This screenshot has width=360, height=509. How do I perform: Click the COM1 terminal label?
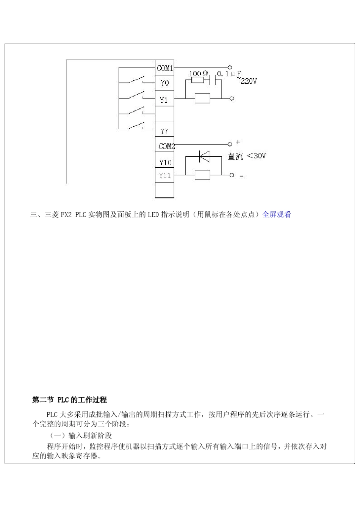click(x=165, y=69)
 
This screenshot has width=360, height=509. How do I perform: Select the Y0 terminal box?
click(x=165, y=83)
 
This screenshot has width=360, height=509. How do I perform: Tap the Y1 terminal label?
click(x=164, y=100)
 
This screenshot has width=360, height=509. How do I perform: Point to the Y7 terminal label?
click(x=164, y=131)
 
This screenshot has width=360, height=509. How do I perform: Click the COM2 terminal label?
click(x=166, y=146)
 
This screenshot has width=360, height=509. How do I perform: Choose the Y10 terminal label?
click(x=165, y=162)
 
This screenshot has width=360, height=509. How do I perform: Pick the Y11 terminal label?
click(x=165, y=175)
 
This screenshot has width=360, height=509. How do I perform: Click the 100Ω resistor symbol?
click(x=197, y=80)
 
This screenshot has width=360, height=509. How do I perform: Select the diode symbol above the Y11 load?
click(x=205, y=155)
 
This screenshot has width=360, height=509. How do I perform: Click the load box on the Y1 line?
click(x=202, y=98)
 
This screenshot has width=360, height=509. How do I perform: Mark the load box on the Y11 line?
click(x=202, y=175)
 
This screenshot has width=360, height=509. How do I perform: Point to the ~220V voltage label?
click(x=247, y=81)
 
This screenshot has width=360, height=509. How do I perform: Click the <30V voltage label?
click(x=256, y=156)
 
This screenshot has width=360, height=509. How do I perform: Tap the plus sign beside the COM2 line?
click(x=238, y=142)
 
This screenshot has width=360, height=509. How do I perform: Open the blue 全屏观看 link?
click(x=277, y=215)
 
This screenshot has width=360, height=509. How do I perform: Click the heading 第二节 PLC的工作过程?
click(x=69, y=400)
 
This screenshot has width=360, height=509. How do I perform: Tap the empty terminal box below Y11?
click(x=165, y=190)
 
